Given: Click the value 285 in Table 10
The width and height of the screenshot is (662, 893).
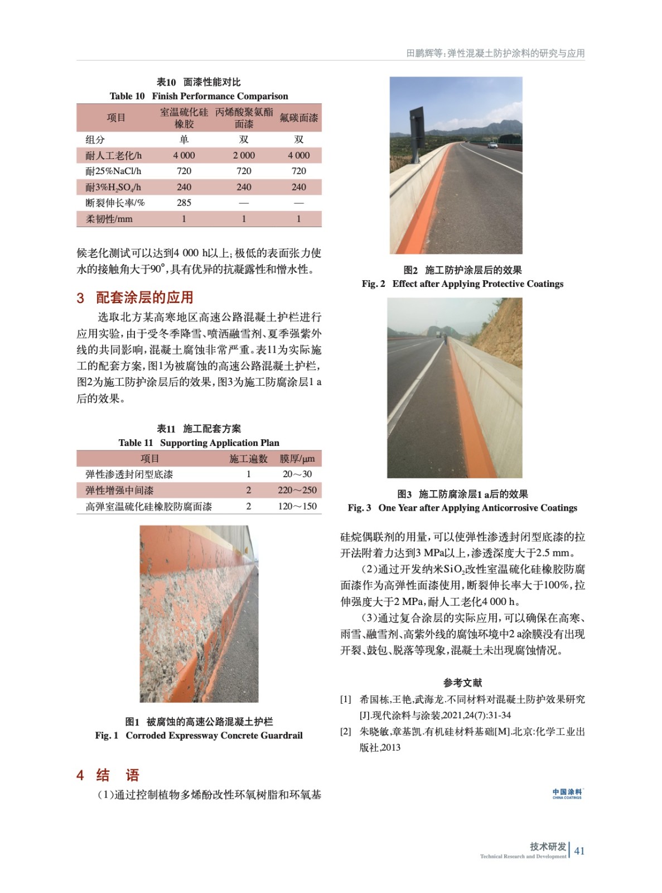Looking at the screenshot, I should [x=184, y=203].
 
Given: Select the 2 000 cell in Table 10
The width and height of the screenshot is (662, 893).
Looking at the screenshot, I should [x=244, y=155].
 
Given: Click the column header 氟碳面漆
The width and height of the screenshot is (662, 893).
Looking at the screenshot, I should [x=298, y=118].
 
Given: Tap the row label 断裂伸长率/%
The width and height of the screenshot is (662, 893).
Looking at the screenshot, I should [x=115, y=203].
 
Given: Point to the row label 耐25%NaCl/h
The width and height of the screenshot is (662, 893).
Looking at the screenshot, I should [x=113, y=171].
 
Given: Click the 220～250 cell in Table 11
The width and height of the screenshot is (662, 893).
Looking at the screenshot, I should [x=297, y=490].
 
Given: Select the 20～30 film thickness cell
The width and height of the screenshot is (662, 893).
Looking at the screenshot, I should [x=297, y=474].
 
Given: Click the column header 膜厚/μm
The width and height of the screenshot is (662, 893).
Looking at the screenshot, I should [x=297, y=458].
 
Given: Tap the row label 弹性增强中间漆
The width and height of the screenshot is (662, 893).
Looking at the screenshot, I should [x=119, y=490].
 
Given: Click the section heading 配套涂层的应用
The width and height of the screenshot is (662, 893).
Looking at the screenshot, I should [x=144, y=297].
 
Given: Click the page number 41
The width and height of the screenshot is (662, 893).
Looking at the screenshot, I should [x=579, y=851].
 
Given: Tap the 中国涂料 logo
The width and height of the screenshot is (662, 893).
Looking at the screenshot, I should [x=567, y=793].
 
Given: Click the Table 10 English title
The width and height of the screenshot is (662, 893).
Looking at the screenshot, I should [x=199, y=96].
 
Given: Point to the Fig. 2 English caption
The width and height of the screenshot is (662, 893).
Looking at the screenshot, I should [x=462, y=284].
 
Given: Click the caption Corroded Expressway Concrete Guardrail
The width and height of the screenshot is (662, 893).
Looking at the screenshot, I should [x=214, y=735].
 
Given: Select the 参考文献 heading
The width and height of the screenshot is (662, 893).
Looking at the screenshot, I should [x=462, y=682].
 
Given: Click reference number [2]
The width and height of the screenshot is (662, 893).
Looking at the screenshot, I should [x=346, y=731].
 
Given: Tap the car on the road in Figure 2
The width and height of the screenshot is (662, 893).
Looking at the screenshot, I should [x=492, y=145].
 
